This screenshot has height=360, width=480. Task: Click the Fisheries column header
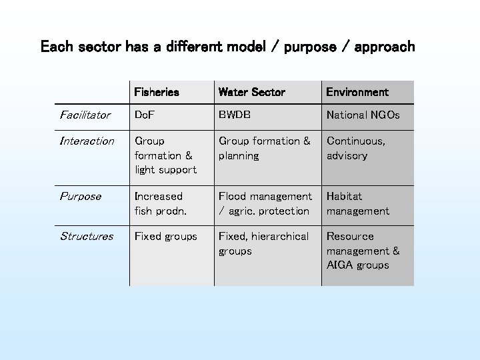[x=157, y=92]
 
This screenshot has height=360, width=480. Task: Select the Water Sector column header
[x=251, y=92]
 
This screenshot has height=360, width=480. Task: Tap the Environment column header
[x=357, y=92]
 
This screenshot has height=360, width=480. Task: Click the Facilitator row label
[x=85, y=115]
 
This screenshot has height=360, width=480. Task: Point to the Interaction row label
[x=87, y=141]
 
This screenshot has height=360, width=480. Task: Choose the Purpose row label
[x=81, y=197]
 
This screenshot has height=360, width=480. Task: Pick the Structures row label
[x=87, y=237]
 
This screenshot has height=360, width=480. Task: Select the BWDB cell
[x=235, y=115]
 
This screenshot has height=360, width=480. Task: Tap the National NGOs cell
[x=363, y=115]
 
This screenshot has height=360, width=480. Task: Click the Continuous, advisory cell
[x=355, y=148]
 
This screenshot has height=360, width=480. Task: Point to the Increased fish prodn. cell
[x=160, y=203]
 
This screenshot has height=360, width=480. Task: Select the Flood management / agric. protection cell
[x=265, y=203]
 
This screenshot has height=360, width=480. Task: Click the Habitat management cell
[x=357, y=203]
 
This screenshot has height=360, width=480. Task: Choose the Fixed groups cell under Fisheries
[x=165, y=237]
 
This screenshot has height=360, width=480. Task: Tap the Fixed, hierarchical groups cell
[x=263, y=243]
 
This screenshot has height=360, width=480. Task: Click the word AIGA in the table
[x=339, y=265]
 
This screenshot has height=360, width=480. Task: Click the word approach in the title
[x=385, y=47]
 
